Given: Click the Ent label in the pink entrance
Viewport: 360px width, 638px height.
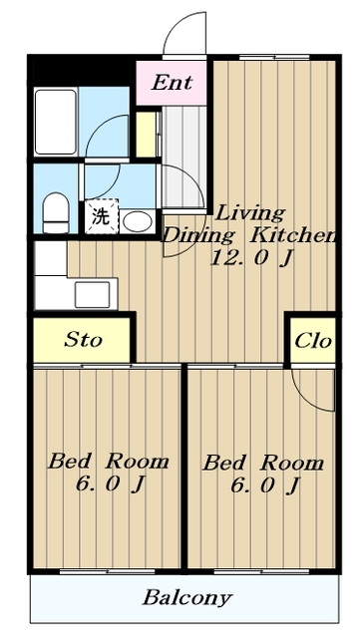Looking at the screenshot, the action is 172,83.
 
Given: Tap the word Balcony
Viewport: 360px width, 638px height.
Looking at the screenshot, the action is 187,598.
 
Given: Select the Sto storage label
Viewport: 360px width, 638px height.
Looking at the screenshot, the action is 83,340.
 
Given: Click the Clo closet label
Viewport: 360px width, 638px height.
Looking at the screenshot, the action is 313,341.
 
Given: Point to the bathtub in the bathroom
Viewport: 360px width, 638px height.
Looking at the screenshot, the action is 56,122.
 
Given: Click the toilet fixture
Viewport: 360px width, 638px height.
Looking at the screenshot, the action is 56,212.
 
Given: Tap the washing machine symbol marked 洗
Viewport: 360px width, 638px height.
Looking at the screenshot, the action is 101,216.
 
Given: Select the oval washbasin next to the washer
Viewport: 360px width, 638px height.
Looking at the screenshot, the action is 138,221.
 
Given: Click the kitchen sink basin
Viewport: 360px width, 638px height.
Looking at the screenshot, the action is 92,295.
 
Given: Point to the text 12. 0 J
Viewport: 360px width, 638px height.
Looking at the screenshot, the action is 251,257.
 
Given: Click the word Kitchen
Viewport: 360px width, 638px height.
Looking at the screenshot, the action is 292,235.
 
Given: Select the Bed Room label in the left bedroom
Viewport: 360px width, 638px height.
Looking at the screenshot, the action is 109,462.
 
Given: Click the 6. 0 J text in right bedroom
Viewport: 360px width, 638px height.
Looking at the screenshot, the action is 265,485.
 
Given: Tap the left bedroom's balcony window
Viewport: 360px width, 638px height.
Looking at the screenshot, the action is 108,571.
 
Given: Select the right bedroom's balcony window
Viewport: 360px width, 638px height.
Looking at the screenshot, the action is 261,571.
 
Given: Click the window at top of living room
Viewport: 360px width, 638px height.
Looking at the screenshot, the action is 274,57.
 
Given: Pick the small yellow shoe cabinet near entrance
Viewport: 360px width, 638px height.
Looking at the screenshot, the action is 146,135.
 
